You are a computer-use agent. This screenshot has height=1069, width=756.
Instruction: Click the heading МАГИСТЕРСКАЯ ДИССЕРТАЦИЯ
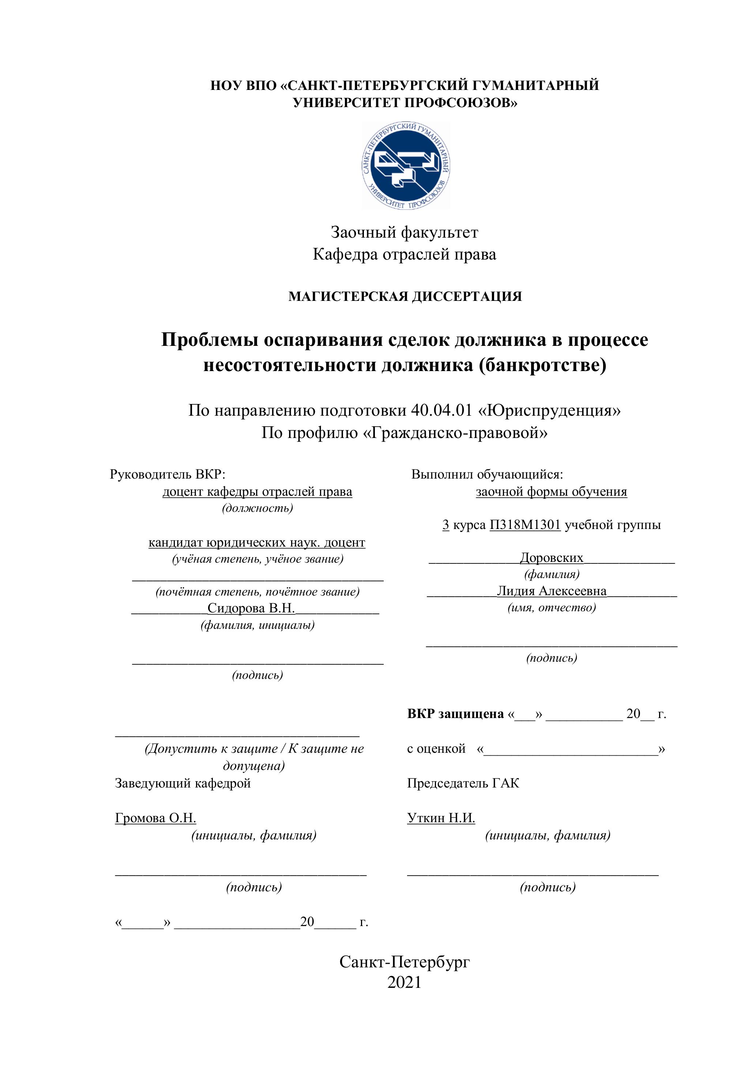pos(405,296)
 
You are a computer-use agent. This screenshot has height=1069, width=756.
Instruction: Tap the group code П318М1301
pos(524,525)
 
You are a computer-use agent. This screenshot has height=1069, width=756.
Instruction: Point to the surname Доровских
pos(552,558)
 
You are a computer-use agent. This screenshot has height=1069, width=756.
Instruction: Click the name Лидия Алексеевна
pos(552,591)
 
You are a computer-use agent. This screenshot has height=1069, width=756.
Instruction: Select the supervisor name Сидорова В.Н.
pos(252,608)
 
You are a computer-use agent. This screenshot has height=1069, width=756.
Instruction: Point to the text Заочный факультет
pos(404,232)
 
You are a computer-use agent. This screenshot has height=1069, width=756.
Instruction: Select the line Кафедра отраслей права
pos(404,254)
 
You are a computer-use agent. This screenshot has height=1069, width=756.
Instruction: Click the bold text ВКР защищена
pos(456,714)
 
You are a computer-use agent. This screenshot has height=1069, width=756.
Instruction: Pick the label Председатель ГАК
pos(463,783)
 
